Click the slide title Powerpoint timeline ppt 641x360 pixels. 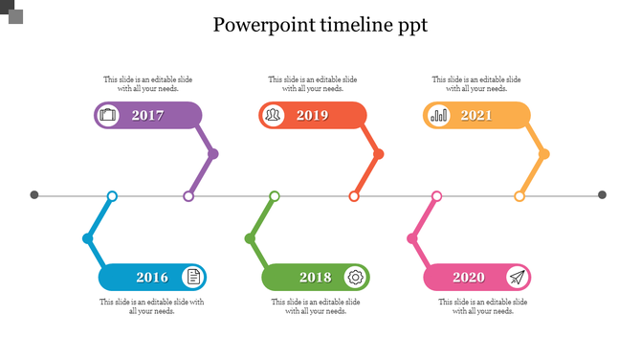point(320,25)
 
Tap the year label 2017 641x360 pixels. point(147,116)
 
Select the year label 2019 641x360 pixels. point(312,116)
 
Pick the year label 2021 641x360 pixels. point(476,116)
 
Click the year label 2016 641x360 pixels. point(152,278)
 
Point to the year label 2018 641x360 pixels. point(315,278)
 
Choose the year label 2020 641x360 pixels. point(469,278)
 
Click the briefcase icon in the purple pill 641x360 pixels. point(108,116)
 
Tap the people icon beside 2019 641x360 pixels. point(274,116)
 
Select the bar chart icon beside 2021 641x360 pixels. point(439,116)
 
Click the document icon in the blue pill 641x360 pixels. point(193,278)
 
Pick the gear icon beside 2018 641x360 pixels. point(356,278)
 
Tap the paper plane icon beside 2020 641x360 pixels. point(517,278)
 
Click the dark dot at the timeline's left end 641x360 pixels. point(34,195)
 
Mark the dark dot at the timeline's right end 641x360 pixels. point(603,195)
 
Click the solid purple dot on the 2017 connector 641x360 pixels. point(213,153)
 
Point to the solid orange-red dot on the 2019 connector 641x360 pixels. point(379,153)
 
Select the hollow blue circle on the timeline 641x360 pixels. point(112,196)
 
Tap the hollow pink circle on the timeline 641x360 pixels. point(437,196)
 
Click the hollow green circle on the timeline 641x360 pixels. point(275,196)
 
